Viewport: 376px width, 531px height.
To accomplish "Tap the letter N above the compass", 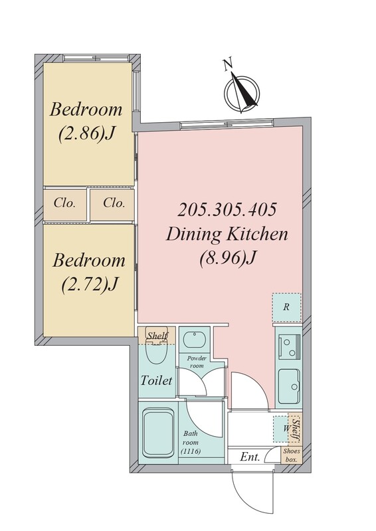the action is [x=228, y=64].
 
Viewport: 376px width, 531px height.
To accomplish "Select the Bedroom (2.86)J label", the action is [x=86, y=121].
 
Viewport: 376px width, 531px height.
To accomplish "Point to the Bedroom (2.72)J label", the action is [x=89, y=272].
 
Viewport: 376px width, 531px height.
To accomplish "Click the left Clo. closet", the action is [x=64, y=204].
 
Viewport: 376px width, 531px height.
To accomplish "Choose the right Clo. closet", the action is [x=112, y=204].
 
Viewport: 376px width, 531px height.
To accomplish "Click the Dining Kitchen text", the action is [x=227, y=234].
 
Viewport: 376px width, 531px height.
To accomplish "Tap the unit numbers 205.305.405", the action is [x=227, y=210].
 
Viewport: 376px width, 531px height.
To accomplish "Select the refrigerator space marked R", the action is [x=286, y=307].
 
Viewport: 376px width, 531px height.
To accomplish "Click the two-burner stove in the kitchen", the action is [x=289, y=346].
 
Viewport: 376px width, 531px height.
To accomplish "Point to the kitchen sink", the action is [x=289, y=385].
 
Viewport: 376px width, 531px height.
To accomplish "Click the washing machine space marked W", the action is [x=281, y=429].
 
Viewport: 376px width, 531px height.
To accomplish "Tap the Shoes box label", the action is [x=292, y=455].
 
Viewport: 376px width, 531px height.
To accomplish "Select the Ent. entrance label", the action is [x=250, y=457].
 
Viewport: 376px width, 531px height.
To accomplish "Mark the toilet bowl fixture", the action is [x=156, y=350].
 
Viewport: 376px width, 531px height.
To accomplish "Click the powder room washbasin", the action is [x=195, y=339].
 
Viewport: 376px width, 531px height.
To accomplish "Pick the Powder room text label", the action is [x=197, y=362].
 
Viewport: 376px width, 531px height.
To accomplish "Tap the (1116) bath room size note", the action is [x=191, y=451].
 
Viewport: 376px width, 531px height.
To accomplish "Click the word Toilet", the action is [x=156, y=380].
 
